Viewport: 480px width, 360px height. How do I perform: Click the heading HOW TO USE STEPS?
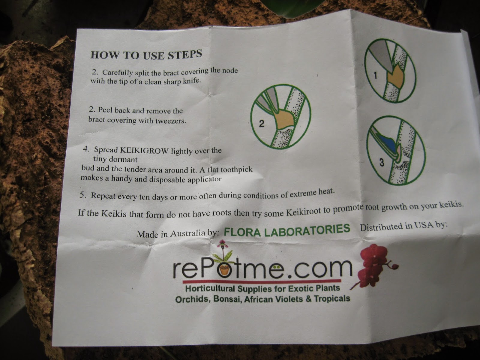(146, 54)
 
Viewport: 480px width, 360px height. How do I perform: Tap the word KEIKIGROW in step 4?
(144, 150)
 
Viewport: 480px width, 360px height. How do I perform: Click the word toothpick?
(236, 169)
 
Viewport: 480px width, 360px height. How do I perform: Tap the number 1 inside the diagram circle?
(375, 76)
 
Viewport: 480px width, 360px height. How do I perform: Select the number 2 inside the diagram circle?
(262, 124)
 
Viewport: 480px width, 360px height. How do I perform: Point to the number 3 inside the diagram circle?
(381, 162)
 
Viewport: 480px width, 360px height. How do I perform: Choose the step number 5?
(82, 195)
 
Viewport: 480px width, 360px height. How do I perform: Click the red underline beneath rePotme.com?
(262, 281)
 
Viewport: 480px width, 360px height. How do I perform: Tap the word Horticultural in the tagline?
(210, 289)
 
